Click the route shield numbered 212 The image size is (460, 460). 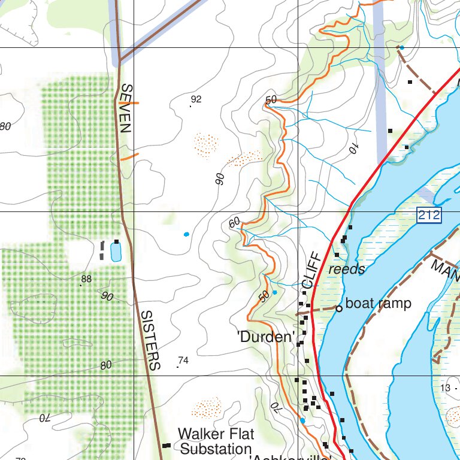pyautogui.click(x=429, y=215)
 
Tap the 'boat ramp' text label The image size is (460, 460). pyautogui.click(x=379, y=304)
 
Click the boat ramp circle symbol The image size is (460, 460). pyautogui.click(x=338, y=308)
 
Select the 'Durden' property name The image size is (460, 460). pyautogui.click(x=267, y=337)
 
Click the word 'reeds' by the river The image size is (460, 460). pyautogui.click(x=347, y=270)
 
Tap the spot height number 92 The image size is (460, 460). pyautogui.click(x=196, y=99)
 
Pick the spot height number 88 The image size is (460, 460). pyautogui.click(x=86, y=279)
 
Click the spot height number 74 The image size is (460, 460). pyautogui.click(x=183, y=361)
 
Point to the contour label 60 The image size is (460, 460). pyautogui.click(x=234, y=222)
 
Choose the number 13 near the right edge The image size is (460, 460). pyautogui.click(x=444, y=388)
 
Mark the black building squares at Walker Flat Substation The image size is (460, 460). pyautogui.click(x=167, y=445)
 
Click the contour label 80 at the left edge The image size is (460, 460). pyautogui.click(x=5, y=126)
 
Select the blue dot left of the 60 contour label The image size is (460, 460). pyautogui.click(x=186, y=234)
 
